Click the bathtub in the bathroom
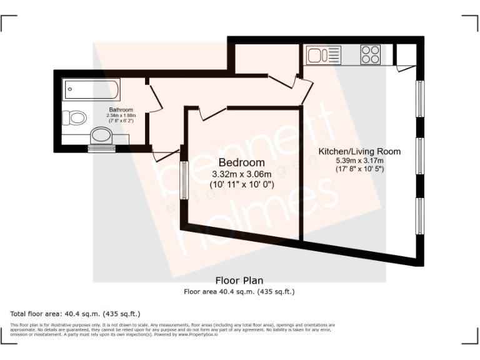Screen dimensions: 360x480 click(91, 89)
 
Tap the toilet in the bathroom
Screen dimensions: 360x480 click(76, 117)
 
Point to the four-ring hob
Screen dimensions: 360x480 click(370, 55)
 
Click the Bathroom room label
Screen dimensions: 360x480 click(121, 110)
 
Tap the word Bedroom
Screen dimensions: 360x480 click(241, 163)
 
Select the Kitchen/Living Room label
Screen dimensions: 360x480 click(359, 151)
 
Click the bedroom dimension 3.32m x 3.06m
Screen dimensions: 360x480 click(241, 174)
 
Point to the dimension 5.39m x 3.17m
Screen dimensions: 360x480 click(359, 160)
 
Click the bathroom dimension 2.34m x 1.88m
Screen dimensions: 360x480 click(121, 116)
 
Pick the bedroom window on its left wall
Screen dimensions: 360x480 click(184, 181)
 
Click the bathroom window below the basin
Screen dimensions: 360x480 click(101, 149)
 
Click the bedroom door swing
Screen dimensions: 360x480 click(212, 113)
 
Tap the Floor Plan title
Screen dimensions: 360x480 click(239, 280)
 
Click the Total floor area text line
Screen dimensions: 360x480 click(75, 313)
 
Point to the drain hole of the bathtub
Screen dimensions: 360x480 click(69, 89)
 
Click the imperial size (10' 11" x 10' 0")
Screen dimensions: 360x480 click(241, 185)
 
